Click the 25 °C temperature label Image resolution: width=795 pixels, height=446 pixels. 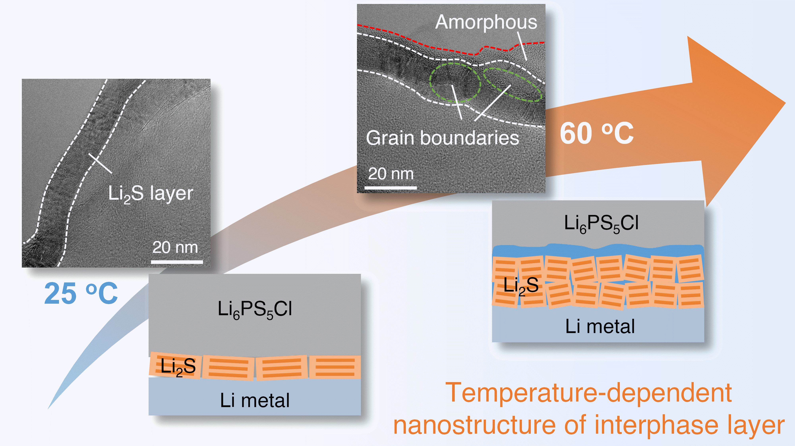coord(81,293)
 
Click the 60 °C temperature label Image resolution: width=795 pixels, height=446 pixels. coord(597,133)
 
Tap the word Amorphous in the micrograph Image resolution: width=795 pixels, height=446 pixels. coord(486,22)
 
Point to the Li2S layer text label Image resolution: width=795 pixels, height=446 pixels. coord(151,194)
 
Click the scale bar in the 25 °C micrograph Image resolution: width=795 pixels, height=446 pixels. coord(177,262)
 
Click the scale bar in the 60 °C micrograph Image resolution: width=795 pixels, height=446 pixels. coord(390,187)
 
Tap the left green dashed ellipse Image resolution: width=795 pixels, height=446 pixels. coord(455,82)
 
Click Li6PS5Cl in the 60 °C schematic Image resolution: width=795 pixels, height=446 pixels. coord(601,223)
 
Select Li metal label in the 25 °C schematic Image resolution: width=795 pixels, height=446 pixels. coord(255,400)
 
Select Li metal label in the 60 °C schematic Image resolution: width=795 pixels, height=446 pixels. coord(600,327)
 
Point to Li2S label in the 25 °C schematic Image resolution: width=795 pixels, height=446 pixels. coord(178,367)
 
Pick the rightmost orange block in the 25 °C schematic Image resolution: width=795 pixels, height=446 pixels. coord(335,367)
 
